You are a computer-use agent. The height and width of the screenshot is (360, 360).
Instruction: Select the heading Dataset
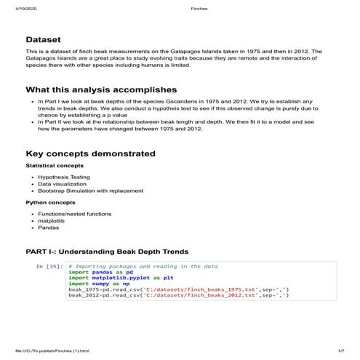(x=43, y=39)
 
